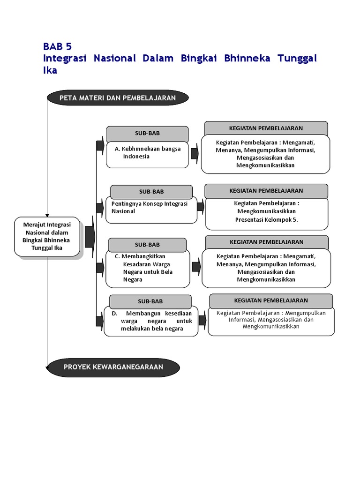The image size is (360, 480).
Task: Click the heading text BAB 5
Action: click(x=58, y=46)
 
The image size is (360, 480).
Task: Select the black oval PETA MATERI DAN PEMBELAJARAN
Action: click(x=118, y=97)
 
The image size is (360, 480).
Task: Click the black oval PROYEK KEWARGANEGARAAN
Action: click(x=113, y=367)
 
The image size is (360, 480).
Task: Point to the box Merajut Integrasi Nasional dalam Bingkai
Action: click(x=47, y=236)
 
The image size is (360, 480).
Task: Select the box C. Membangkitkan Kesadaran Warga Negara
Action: click(x=147, y=269)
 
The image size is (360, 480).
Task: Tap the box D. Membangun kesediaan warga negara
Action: click(x=151, y=321)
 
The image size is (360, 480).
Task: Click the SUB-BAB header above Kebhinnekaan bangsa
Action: click(x=147, y=134)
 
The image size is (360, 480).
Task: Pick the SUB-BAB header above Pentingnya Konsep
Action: click(x=151, y=192)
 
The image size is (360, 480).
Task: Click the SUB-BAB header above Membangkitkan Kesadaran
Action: click(x=148, y=245)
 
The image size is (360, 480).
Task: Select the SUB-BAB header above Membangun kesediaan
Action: click(x=150, y=301)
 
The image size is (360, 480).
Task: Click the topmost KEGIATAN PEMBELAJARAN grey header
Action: click(x=266, y=128)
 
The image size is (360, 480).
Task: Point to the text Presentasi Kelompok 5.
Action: click(x=267, y=219)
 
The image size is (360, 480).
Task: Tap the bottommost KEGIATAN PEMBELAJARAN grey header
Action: click(x=271, y=300)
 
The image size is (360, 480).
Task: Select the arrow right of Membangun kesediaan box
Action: click(x=202, y=321)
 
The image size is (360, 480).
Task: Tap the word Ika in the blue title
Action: click(x=50, y=70)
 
